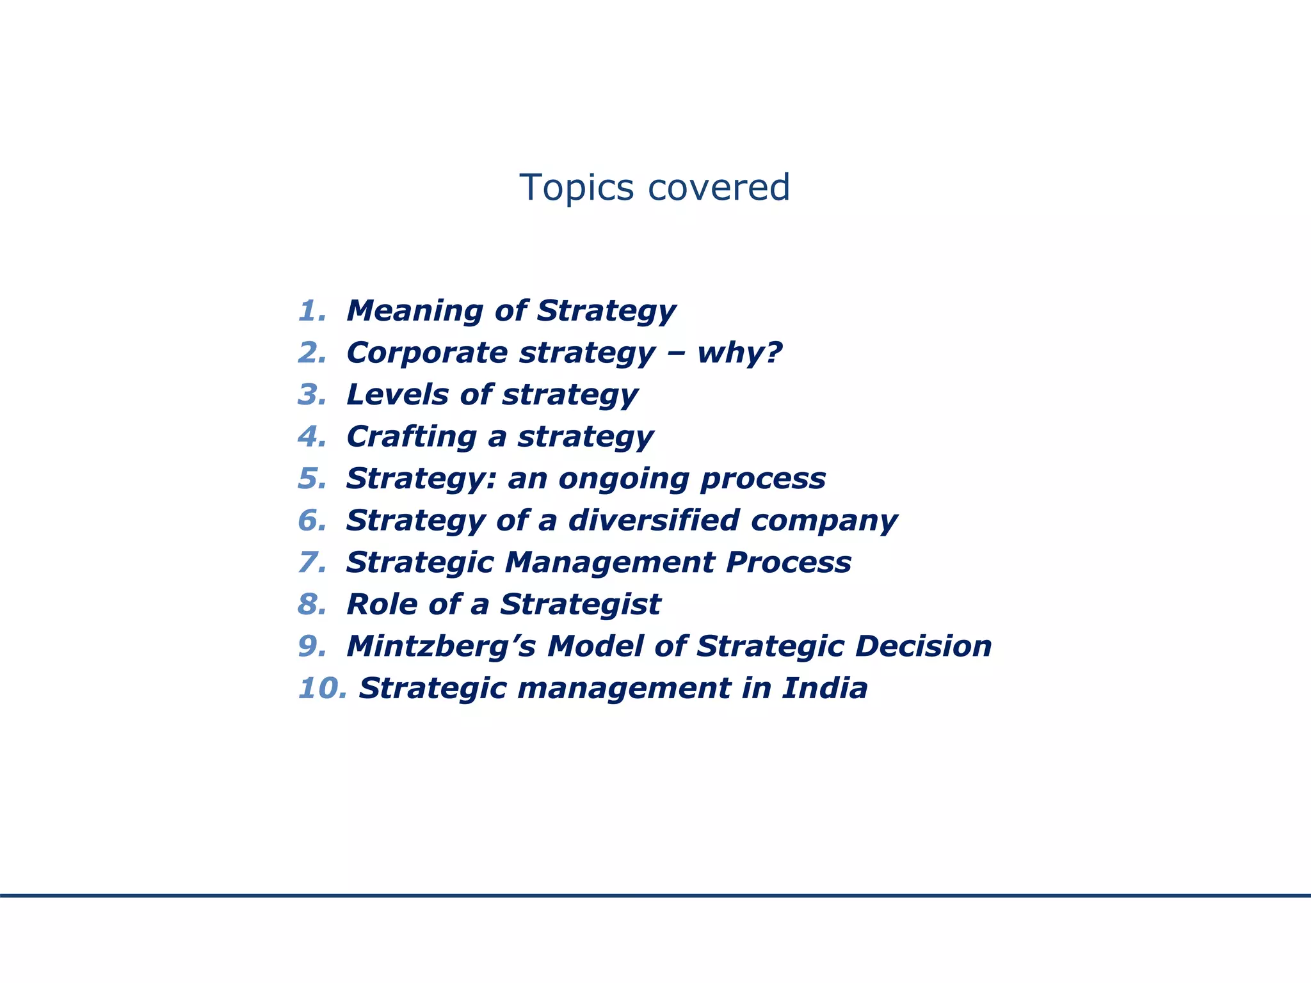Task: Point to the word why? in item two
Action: click(x=739, y=353)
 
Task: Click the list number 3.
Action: click(x=312, y=395)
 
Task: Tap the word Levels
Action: click(x=397, y=395)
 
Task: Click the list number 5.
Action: click(x=312, y=479)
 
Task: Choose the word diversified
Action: click(x=654, y=520)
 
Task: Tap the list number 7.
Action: click(x=312, y=563)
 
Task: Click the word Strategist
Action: click(x=580, y=605)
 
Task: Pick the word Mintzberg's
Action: click(x=441, y=646)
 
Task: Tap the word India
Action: click(x=824, y=689)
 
